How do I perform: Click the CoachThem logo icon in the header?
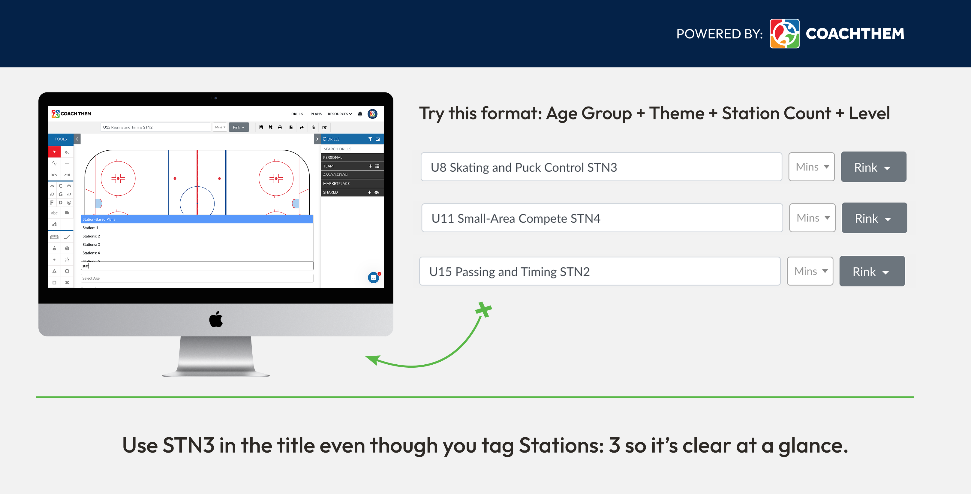coord(784,34)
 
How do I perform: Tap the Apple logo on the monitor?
coord(216,319)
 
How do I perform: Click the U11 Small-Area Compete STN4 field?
coord(602,218)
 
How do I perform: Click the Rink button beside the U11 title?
coord(874,218)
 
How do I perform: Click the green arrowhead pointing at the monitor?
coord(373,359)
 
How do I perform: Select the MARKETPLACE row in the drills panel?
coord(351,184)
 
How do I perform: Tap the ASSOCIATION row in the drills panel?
coord(351,175)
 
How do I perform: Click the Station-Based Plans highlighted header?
coord(197,219)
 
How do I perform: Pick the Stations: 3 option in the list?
coord(91,245)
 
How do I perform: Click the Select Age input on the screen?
coord(197,278)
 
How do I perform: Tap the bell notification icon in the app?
coord(360,114)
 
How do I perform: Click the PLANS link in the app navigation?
coord(316,114)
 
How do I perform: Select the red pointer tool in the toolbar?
coord(54,152)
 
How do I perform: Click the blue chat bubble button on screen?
coord(373,278)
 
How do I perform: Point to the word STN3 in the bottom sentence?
coord(188,445)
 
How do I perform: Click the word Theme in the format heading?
coord(677,113)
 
